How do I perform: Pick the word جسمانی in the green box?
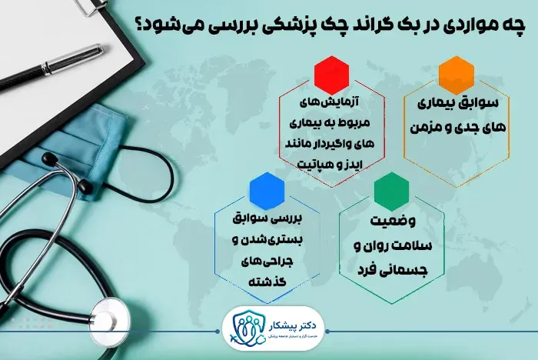click(x=414, y=270)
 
